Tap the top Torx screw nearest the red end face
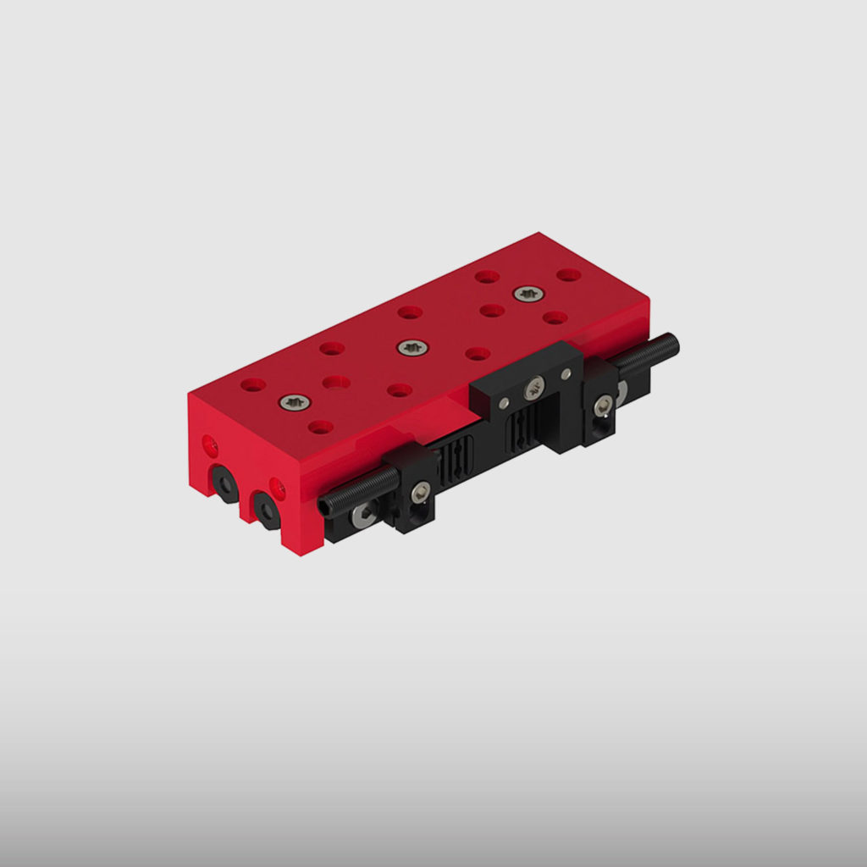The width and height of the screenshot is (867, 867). click(x=295, y=402)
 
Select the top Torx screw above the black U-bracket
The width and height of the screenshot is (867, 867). click(x=529, y=295)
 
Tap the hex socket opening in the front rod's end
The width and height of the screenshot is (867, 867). click(x=325, y=505)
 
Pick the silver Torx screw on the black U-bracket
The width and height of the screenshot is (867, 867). click(x=533, y=390)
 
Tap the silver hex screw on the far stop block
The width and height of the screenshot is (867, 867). click(x=603, y=406)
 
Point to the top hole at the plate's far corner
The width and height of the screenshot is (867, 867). click(x=569, y=275)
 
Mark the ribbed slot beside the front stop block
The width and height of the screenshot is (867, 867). click(x=457, y=461)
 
